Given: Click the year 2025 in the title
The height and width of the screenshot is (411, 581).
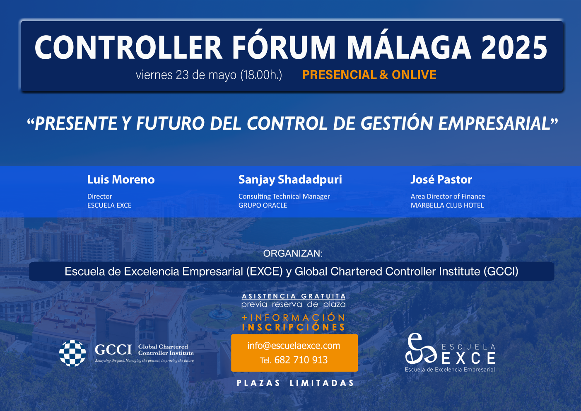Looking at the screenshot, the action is click(x=514, y=48).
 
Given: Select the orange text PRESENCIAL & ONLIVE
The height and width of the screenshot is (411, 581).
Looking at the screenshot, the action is click(x=369, y=75).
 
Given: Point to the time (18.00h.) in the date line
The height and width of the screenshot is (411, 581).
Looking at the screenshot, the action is click(x=261, y=75).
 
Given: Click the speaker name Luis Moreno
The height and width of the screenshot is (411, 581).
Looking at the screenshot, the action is click(x=121, y=179).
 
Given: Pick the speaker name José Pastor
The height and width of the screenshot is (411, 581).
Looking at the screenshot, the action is click(x=441, y=179).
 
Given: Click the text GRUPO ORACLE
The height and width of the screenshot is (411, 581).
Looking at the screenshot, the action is click(x=263, y=205).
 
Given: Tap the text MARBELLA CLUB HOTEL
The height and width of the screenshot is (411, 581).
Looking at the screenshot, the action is click(x=447, y=205).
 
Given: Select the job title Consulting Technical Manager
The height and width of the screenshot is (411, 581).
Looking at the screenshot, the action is click(x=284, y=196).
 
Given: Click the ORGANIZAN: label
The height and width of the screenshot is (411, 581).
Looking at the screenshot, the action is click(x=293, y=253).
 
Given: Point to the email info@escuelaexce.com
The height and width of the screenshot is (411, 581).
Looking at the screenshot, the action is click(x=294, y=346).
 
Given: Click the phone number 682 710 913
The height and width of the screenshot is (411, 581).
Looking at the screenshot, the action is click(x=301, y=360).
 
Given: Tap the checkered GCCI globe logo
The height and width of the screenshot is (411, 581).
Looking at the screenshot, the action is click(x=72, y=353).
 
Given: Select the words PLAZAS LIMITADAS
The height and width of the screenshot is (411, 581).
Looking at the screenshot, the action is click(x=295, y=383).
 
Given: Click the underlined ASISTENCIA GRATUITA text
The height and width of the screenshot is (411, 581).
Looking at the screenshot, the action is click(x=294, y=296).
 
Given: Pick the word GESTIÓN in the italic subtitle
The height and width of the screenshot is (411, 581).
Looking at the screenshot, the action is click(x=397, y=123).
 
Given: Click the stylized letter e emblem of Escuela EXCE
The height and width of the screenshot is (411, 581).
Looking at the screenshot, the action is click(x=421, y=349).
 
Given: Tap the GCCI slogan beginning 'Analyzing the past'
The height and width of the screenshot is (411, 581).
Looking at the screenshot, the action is click(x=144, y=361).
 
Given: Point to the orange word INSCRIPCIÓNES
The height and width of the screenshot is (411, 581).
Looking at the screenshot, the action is click(x=294, y=326).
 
